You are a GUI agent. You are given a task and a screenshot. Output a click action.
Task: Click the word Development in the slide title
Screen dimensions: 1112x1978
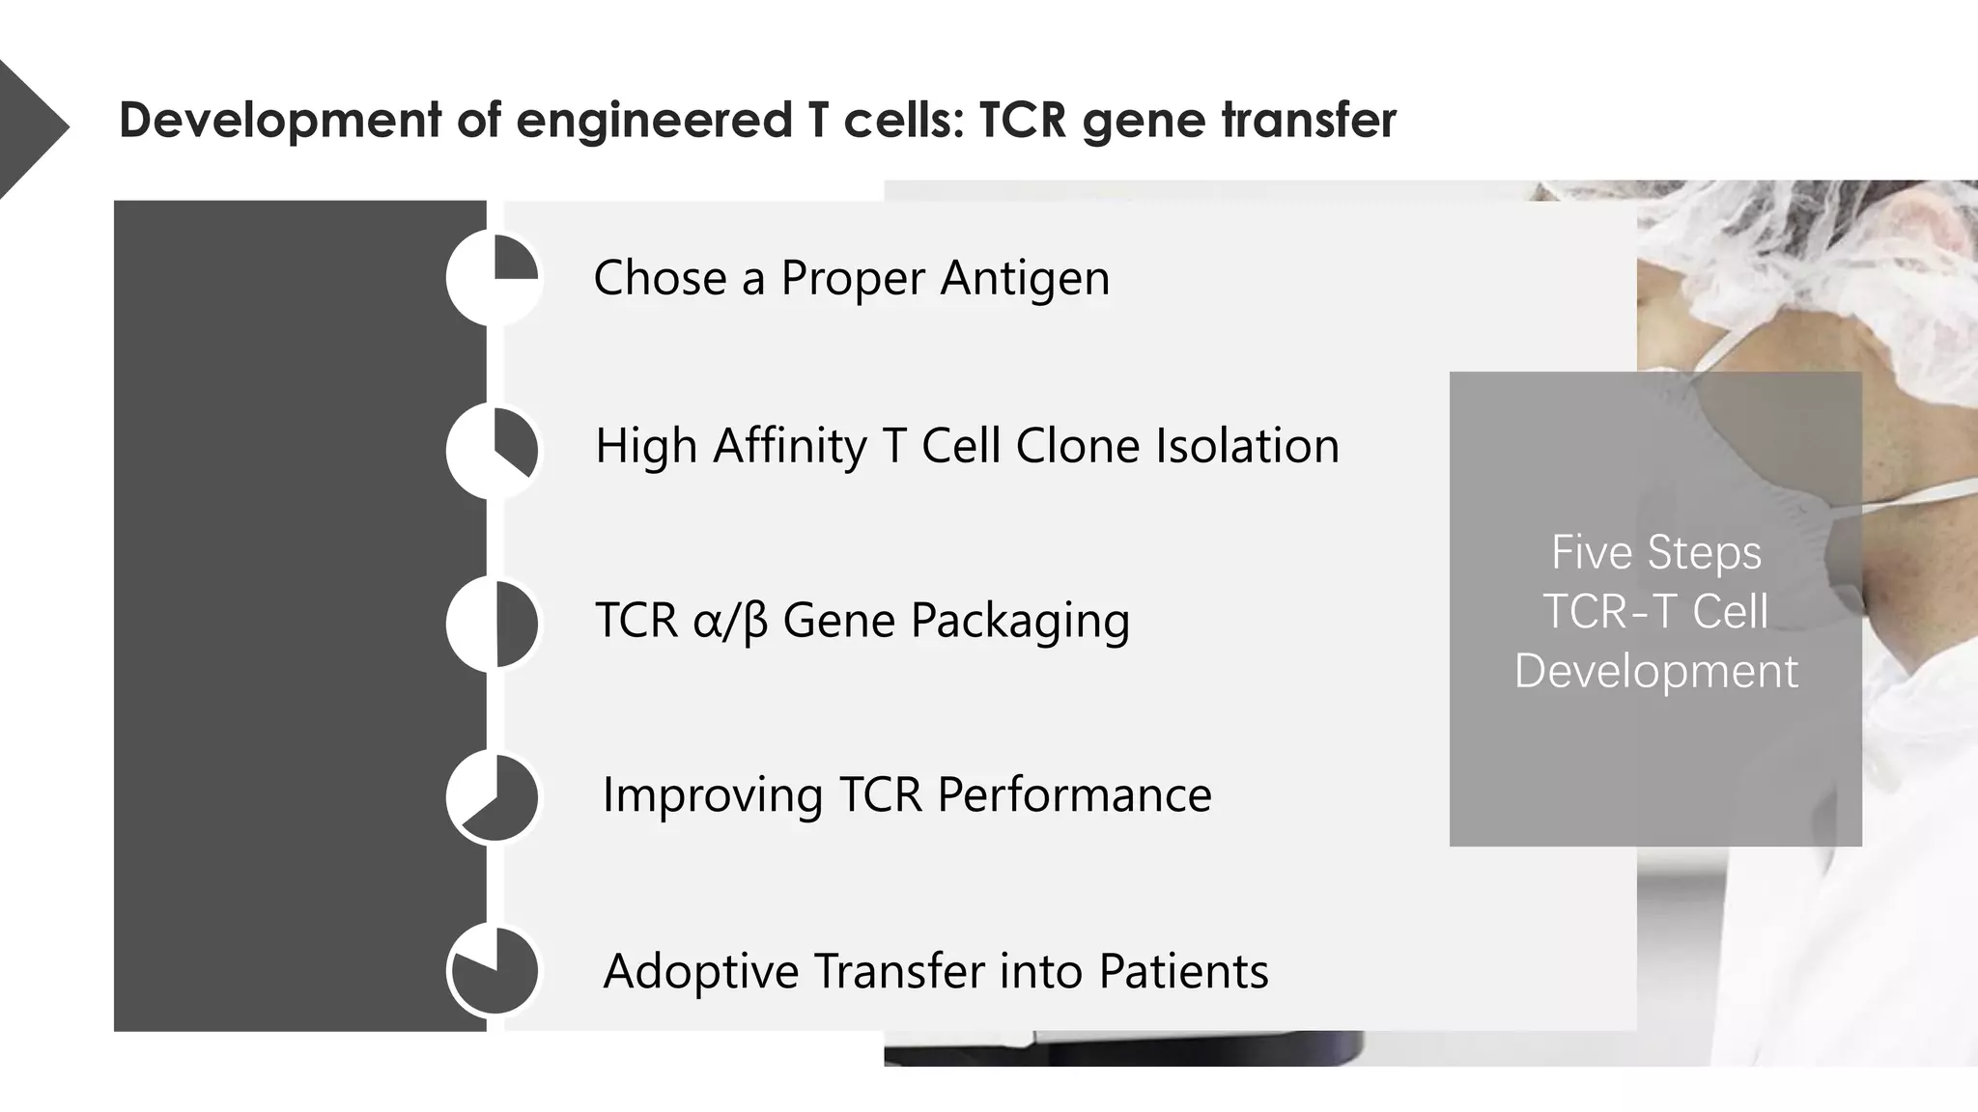[x=280, y=122]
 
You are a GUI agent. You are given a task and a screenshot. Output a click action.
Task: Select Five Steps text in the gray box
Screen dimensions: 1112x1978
[x=1655, y=553]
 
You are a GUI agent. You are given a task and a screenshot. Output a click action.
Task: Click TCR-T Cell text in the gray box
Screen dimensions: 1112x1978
[x=1655, y=612]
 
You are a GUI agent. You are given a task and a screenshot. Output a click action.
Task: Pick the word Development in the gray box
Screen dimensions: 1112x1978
[x=1655, y=671]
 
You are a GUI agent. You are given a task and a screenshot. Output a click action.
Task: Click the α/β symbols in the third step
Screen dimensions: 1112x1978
[x=730, y=622]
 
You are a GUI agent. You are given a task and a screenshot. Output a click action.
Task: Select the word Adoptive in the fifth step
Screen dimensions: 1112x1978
[x=700, y=971]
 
